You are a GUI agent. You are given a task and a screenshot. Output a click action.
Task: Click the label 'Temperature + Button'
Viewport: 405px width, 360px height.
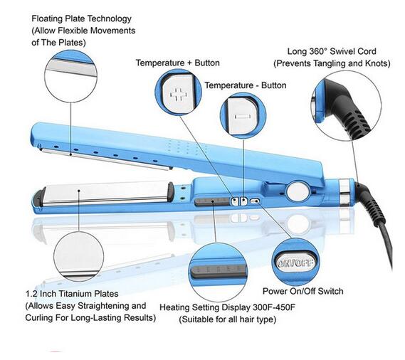(178, 63)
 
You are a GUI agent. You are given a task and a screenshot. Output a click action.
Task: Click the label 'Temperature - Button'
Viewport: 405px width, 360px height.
(246, 85)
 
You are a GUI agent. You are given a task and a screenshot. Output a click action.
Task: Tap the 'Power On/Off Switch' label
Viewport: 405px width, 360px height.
(303, 291)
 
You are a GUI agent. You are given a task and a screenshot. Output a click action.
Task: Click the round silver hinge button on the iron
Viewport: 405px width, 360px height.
(298, 190)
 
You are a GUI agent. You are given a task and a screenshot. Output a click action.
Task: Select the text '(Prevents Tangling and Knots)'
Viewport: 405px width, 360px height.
(332, 63)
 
